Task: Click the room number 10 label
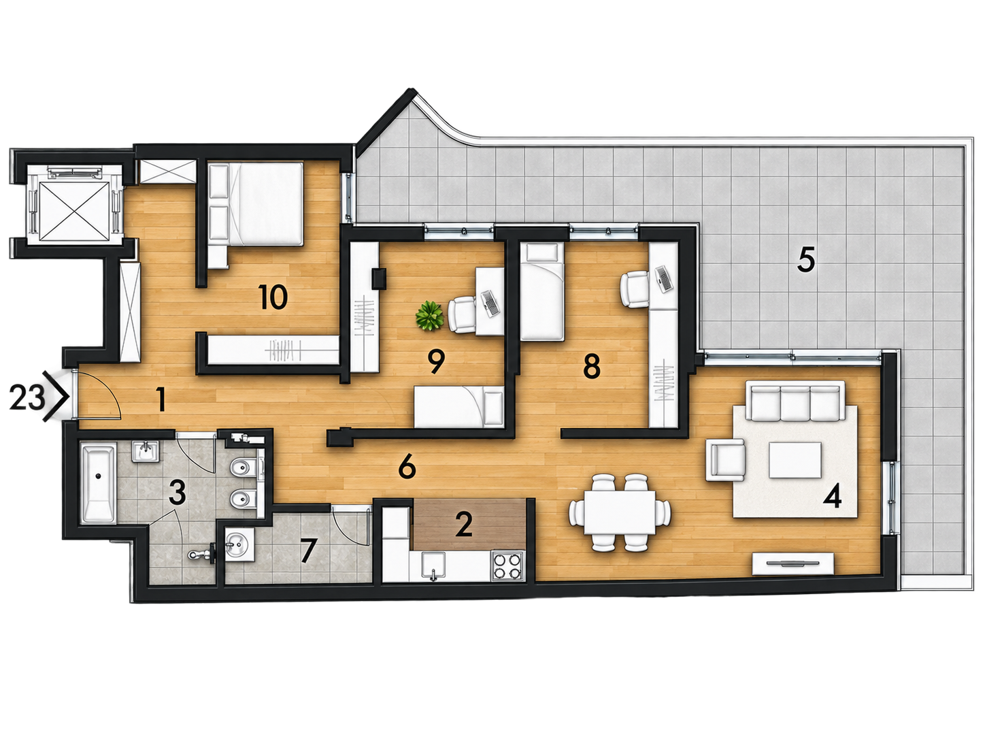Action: point(273,297)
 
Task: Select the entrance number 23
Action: point(27,397)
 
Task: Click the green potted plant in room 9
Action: point(429,316)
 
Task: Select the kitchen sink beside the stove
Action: point(433,566)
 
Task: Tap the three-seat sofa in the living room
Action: point(795,401)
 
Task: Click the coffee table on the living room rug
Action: point(795,460)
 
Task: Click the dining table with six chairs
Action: point(620,512)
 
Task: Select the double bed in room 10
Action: point(256,204)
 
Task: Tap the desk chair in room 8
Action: point(635,289)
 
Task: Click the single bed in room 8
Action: point(541,291)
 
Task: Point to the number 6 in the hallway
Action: point(407,468)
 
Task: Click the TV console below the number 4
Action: point(793,564)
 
